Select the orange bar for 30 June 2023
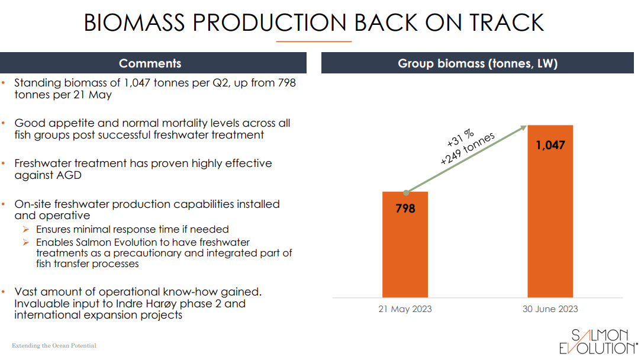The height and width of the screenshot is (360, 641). (550, 225)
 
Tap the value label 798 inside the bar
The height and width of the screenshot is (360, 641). (405, 208)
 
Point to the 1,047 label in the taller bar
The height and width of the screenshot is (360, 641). (550, 145)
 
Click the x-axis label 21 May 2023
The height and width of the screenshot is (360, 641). (405, 309)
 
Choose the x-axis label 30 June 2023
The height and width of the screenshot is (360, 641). (550, 309)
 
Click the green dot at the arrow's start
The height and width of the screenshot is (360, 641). (405, 192)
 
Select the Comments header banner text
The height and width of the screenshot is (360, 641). (150, 63)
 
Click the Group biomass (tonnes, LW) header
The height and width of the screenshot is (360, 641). (477, 63)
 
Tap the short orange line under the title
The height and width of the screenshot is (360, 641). (314, 41)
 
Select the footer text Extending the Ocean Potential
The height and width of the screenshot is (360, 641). (54, 345)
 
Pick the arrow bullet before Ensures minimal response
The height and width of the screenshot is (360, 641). (26, 229)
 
